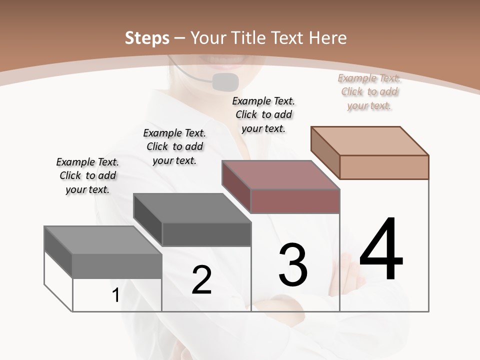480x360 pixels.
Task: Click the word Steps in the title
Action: click(146, 37)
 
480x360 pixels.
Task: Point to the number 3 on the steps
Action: click(292, 265)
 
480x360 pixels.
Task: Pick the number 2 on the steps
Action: click(201, 279)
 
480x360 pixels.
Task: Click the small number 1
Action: click(115, 295)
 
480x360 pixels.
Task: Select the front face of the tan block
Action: click(384, 167)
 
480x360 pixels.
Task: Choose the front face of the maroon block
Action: click(295, 201)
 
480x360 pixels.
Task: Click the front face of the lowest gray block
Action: click(117, 266)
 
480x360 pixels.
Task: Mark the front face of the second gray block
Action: click(206, 234)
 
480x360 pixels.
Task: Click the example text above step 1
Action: click(87, 175)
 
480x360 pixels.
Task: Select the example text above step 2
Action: click(174, 146)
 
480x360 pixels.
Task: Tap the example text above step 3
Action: click(263, 114)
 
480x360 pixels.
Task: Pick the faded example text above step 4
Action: click(369, 91)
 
